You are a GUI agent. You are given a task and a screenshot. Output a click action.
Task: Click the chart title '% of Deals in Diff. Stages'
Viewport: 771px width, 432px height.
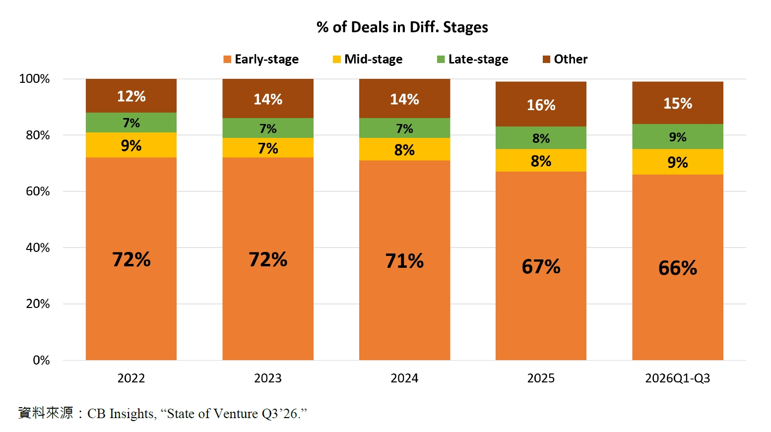pos(402,27)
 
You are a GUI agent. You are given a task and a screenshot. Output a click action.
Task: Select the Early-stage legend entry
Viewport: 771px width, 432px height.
pos(261,59)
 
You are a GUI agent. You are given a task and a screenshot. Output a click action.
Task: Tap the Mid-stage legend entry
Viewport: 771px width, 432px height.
pos(368,59)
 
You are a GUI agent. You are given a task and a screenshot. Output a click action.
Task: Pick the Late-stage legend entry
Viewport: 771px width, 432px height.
pos(473,59)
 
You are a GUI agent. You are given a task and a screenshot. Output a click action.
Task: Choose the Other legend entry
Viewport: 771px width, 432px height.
pos(565,59)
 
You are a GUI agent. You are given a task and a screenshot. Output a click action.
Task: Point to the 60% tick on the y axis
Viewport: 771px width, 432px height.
pos(38,191)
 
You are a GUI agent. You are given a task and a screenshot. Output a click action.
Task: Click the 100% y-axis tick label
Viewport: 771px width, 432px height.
pos(34,79)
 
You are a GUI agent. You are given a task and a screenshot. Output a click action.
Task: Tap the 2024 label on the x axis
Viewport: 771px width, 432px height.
pos(404,378)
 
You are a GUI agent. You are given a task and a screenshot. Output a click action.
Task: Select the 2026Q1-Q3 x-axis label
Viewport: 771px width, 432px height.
pos(677,378)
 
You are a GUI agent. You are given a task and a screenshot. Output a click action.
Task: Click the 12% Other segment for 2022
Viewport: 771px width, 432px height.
pos(131,96)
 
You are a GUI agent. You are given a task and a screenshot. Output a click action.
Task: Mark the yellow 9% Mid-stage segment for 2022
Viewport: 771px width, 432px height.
pos(131,145)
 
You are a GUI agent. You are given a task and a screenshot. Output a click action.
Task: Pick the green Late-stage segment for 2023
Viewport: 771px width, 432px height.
pos(268,128)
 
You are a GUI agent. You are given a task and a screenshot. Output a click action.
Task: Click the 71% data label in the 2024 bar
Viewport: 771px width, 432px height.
pos(404,260)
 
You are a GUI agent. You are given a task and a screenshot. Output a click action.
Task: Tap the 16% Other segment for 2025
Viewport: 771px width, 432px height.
pos(541,104)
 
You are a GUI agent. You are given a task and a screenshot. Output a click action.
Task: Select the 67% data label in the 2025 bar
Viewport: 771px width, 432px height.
pos(541,266)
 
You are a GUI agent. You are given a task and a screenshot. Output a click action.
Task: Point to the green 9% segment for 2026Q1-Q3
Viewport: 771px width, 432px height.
pos(677,137)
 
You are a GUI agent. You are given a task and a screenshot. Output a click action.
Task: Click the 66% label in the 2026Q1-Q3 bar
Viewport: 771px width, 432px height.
pos(677,268)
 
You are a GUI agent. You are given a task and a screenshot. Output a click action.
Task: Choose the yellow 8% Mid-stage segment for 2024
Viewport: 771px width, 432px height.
pos(404,149)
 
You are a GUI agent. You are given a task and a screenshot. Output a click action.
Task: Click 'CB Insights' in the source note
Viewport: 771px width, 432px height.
pos(120,414)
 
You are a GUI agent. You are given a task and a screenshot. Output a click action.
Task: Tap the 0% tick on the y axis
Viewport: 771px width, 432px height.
pos(41,361)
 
